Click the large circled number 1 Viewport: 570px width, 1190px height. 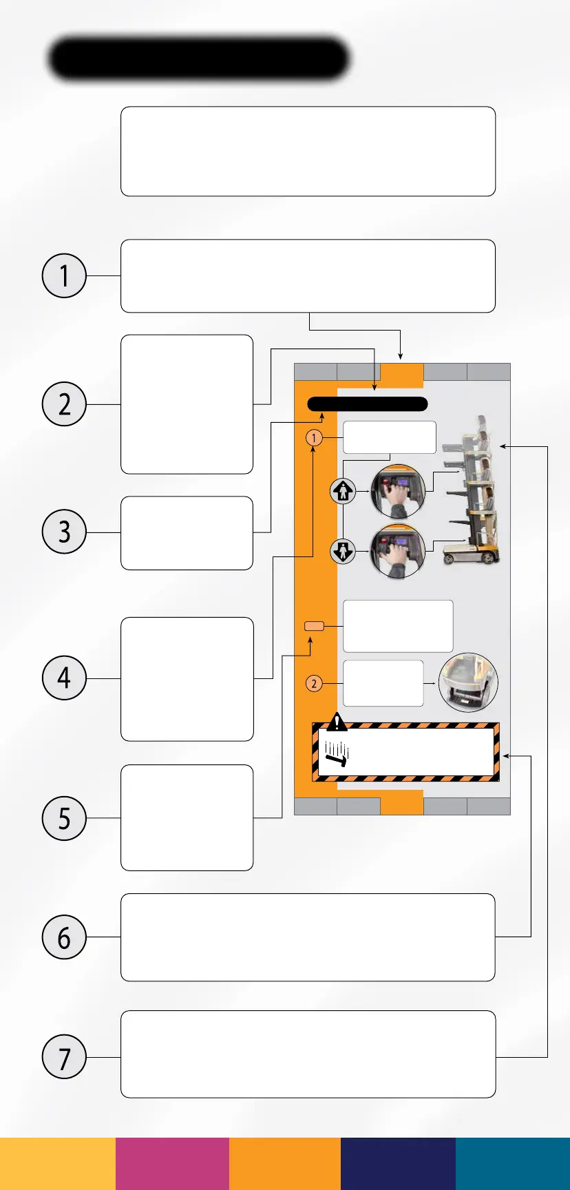64,275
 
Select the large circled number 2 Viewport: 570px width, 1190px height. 64,404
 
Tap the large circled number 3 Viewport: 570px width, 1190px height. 64,532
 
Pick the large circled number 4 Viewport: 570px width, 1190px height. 64,678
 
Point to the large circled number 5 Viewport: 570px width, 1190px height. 64,818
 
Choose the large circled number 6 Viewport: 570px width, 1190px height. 64,937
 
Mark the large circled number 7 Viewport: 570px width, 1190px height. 64,1056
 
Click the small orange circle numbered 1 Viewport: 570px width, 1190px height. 314,437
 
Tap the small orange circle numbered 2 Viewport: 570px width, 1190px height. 314,683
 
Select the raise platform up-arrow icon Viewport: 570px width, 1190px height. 343,491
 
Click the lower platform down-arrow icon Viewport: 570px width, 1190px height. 343,552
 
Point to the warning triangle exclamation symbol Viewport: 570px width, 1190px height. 337,722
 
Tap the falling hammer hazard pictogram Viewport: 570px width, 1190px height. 337,755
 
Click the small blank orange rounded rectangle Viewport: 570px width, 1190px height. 314,626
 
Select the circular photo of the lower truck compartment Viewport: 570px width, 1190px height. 468,682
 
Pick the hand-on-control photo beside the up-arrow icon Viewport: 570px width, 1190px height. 398,491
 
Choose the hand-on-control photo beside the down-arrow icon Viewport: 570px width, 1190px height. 398,551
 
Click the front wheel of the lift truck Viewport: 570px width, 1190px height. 452,557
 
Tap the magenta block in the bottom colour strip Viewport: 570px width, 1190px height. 172,1164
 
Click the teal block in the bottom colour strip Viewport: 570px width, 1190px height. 513,1164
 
